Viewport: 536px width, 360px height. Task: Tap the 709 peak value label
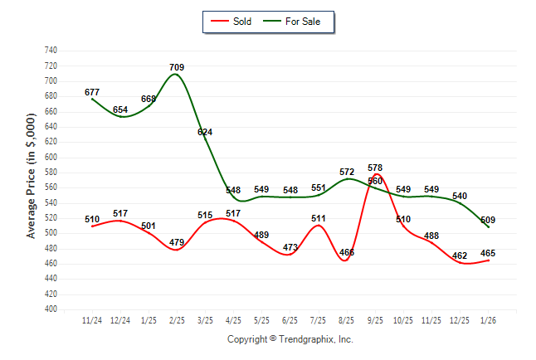click(176, 67)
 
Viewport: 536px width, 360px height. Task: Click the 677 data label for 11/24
click(92, 92)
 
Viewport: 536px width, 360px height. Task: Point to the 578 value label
click(375, 168)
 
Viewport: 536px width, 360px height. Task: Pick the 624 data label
click(204, 132)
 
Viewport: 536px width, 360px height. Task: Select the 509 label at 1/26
click(488, 220)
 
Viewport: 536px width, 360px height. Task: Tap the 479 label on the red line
click(176, 242)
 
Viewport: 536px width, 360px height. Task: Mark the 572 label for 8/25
click(347, 172)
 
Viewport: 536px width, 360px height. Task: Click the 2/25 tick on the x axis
click(176, 320)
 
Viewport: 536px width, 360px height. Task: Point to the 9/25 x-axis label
click(375, 320)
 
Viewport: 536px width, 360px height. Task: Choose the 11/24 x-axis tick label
click(92, 320)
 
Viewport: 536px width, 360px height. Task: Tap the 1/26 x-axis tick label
click(488, 320)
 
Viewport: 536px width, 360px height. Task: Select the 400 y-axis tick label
click(51, 309)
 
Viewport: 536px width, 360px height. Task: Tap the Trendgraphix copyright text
click(290, 339)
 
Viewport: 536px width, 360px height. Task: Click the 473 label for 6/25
click(290, 247)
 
